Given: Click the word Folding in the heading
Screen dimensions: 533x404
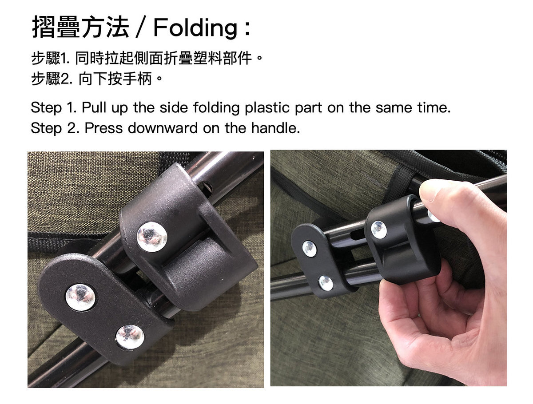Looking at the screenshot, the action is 195,28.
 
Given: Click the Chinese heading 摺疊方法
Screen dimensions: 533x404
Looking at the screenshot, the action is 80,27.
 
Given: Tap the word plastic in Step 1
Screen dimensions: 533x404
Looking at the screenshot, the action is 267,108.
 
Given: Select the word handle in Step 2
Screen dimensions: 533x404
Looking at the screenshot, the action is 275,128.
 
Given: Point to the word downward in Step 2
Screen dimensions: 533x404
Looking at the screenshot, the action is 163,128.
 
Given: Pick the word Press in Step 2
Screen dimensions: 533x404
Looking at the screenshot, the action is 103,128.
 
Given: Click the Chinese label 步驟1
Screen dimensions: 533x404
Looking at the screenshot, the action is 50,58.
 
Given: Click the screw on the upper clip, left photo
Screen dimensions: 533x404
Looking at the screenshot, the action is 152,237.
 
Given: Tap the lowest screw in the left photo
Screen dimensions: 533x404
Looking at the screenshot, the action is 130,337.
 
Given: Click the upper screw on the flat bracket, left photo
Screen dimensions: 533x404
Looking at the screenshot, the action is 80,297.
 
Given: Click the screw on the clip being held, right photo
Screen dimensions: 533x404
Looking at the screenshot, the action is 379,229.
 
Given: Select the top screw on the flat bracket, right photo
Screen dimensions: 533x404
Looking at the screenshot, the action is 309,248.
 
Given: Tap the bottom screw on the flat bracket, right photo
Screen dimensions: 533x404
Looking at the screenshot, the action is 326,283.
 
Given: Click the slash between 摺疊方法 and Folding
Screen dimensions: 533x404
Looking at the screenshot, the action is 141,27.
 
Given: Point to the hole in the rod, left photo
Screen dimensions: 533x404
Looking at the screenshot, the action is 206,189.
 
